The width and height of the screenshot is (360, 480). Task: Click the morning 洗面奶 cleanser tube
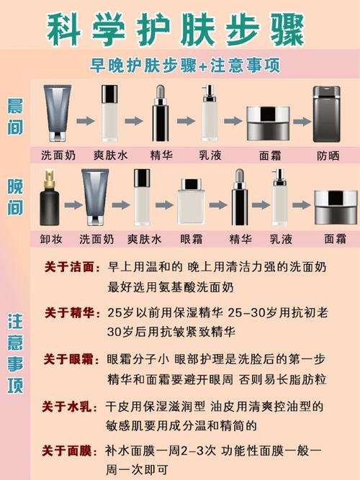tap(58, 113)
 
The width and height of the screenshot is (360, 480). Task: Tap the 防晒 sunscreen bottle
tap(326, 114)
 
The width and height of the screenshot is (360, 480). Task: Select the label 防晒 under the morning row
tap(328, 156)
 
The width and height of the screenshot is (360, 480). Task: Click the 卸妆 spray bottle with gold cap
tap(50, 198)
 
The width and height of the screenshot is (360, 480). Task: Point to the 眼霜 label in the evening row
tap(192, 239)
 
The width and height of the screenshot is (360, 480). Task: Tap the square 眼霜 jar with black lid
tap(192, 202)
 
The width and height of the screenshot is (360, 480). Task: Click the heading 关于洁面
tap(69, 267)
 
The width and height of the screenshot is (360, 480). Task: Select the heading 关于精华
tap(69, 313)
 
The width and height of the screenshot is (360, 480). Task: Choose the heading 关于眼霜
tap(68, 359)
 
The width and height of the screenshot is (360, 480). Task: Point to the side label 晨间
tap(15, 117)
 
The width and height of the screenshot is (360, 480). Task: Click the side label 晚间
tap(15, 197)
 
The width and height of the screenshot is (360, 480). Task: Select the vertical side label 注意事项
tap(15, 353)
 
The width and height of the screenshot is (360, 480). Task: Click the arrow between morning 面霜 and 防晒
tap(302, 122)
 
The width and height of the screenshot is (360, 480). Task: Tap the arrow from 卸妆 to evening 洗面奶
tap(73, 204)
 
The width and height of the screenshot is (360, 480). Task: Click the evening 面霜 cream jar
tap(336, 207)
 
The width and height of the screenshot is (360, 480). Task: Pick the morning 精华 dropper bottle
tap(161, 113)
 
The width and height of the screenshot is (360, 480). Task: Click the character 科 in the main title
tap(64, 30)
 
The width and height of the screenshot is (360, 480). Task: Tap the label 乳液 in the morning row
tap(210, 155)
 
